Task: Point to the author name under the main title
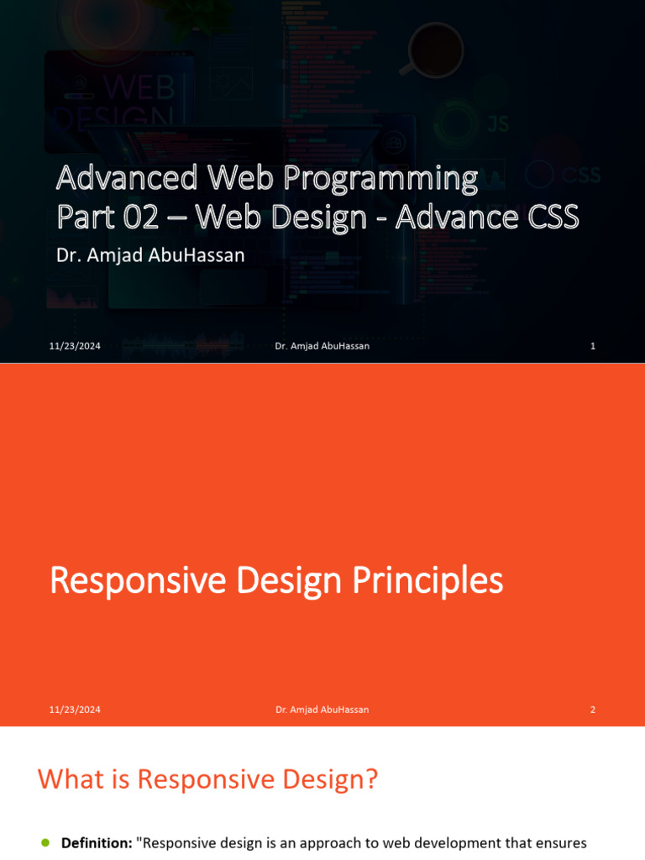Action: click(150, 255)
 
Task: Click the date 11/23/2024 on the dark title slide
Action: click(75, 346)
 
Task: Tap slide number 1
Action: click(593, 346)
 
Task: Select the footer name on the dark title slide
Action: click(322, 346)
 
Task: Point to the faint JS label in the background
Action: click(498, 124)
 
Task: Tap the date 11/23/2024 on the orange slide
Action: click(75, 710)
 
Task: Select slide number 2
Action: click(593, 710)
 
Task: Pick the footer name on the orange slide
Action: click(322, 710)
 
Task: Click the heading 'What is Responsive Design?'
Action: click(207, 780)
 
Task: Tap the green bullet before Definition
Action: click(45, 842)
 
